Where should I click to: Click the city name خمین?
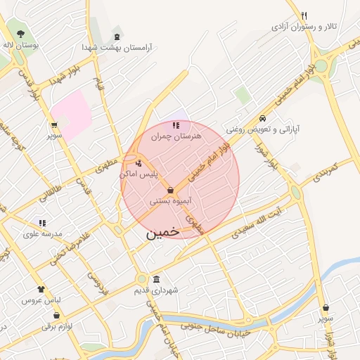click(164, 235)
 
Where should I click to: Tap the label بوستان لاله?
click(20, 45)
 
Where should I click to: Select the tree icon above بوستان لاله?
click(20, 34)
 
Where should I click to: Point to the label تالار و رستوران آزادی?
click(306, 26)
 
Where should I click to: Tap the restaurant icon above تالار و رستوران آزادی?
click(304, 15)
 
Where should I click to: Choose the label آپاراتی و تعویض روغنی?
click(263, 129)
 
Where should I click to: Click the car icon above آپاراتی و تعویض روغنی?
click(262, 118)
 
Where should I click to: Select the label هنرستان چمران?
click(176, 136)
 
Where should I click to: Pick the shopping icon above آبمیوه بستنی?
click(171, 190)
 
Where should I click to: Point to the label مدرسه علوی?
click(43, 234)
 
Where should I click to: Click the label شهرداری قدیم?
click(156, 290)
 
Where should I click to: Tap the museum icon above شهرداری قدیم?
click(156, 279)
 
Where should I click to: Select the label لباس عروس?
click(41, 300)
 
